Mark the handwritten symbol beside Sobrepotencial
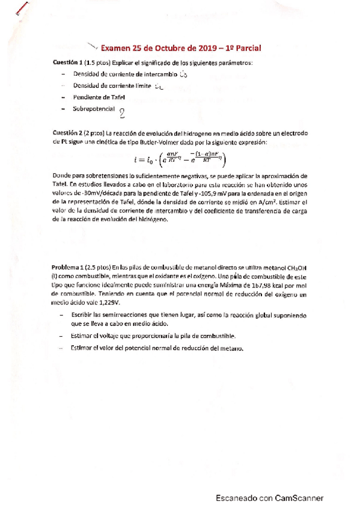(x=123, y=112)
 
